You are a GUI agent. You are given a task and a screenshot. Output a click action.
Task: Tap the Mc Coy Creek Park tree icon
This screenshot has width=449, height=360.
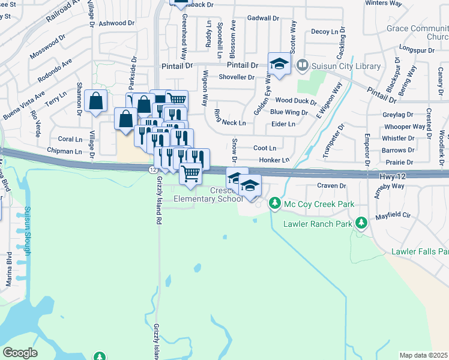(x=275, y=204)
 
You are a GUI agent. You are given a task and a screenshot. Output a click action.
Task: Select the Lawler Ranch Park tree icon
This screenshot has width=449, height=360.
(x=361, y=224)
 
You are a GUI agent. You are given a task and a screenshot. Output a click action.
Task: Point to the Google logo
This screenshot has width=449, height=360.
(x=20, y=353)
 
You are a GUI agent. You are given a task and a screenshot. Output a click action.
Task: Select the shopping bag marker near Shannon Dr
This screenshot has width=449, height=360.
(x=95, y=102)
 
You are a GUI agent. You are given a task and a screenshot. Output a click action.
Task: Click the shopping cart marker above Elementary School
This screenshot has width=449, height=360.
(x=190, y=173)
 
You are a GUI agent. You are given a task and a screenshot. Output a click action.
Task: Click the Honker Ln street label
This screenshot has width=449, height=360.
(x=274, y=160)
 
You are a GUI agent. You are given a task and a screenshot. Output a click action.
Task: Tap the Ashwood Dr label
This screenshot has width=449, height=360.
(x=117, y=23)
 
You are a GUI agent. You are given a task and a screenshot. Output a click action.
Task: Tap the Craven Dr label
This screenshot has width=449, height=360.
(x=332, y=186)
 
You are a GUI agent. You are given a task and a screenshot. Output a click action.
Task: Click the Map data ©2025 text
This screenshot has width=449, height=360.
(x=423, y=355)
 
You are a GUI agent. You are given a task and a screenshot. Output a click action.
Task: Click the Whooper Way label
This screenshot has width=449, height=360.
(x=405, y=127)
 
